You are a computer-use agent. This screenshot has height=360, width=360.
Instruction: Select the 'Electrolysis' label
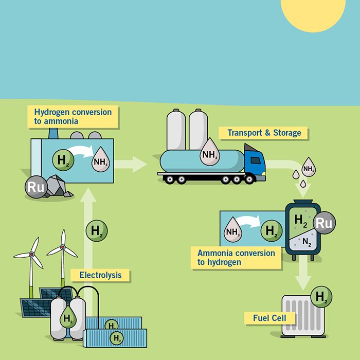point(100,275)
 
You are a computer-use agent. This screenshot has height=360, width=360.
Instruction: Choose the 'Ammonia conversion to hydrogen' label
point(236,258)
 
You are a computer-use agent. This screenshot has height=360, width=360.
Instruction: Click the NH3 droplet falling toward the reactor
point(308,167)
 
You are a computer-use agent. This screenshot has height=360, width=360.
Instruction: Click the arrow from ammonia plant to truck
point(131,165)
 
